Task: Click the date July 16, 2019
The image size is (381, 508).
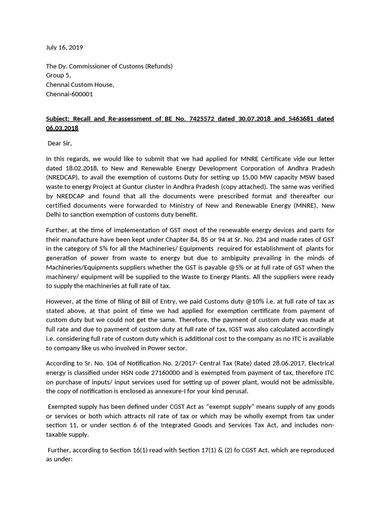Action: [x=64, y=48]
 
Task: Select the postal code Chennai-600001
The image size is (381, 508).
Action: [x=69, y=94]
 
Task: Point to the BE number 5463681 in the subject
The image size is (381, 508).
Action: [x=303, y=119]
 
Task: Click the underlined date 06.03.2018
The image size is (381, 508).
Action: [x=62, y=128]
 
